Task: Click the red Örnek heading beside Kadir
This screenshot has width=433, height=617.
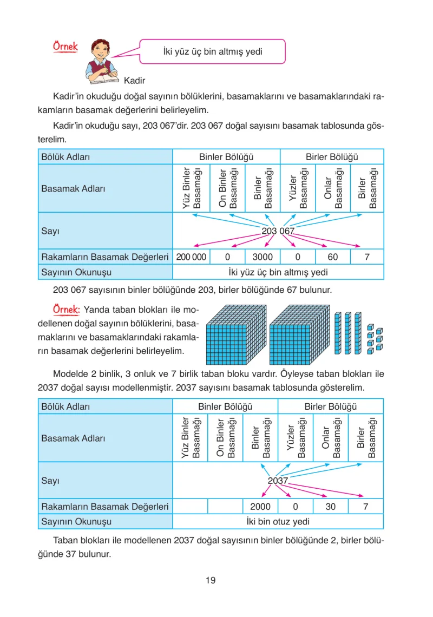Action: [65, 47]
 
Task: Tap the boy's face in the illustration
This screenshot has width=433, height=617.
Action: [100, 50]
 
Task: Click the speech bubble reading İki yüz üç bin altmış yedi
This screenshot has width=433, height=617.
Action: [213, 51]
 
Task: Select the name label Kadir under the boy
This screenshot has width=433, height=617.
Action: [135, 81]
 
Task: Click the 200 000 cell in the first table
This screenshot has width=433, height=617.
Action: [191, 257]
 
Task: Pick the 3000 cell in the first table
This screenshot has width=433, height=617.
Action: [263, 257]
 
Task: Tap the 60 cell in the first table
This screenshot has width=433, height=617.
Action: [333, 257]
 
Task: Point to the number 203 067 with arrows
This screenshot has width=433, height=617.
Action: [278, 231]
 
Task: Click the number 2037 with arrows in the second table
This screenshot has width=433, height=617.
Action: [278, 481]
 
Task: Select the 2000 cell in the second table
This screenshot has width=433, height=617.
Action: [260, 507]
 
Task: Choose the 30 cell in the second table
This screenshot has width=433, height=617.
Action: [331, 507]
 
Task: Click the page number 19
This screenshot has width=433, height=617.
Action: [211, 580]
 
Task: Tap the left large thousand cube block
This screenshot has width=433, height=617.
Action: [236, 334]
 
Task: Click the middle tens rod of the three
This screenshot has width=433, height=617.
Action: [348, 333]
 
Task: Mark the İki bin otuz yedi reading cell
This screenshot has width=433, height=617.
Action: [278, 521]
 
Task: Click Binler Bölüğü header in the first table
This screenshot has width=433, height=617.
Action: [226, 157]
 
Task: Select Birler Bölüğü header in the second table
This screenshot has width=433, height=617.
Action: [331, 406]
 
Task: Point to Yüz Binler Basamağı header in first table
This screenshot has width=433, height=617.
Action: [191, 188]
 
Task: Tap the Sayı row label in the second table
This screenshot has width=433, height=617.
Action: [50, 481]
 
